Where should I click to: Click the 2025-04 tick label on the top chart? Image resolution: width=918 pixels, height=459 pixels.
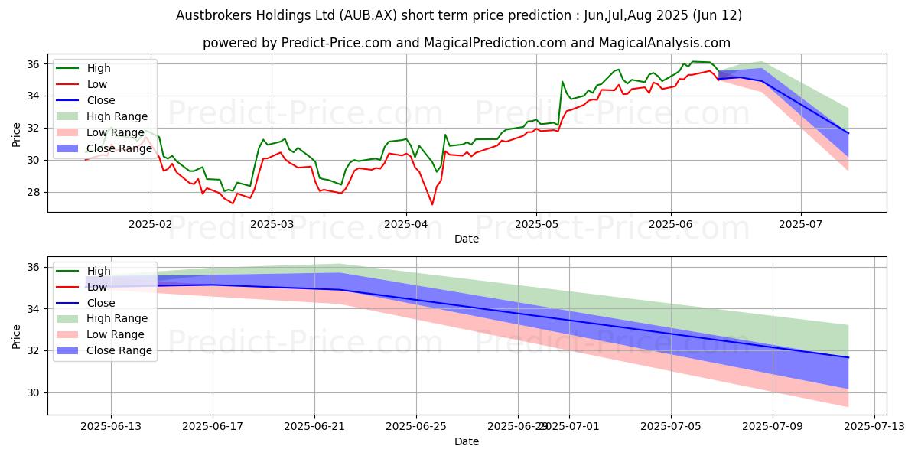[x=405, y=225]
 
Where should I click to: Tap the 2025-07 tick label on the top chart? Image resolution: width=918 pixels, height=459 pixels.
[x=801, y=225]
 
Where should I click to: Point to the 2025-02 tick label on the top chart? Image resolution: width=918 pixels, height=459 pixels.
[x=151, y=225]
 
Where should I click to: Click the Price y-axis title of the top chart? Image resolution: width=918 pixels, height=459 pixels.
[x=17, y=135]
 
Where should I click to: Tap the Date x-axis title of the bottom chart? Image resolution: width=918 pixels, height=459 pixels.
[x=467, y=441]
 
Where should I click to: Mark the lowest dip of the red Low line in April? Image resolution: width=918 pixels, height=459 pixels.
[x=432, y=204]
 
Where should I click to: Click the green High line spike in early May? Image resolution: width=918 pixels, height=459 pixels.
[x=562, y=82]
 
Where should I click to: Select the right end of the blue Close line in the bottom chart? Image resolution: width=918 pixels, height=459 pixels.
[x=848, y=357]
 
